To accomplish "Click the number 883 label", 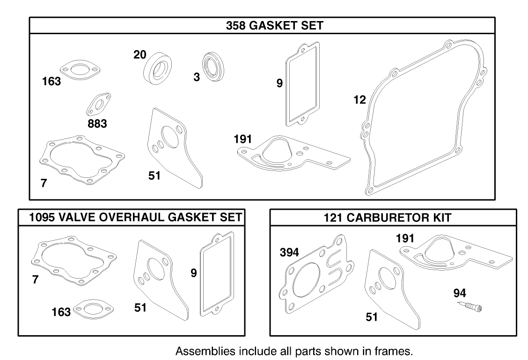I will coord(97,124).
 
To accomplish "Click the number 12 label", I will coord(359,100).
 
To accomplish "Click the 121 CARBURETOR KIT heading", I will coord(393,218).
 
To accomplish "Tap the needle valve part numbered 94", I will coord(470,307).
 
